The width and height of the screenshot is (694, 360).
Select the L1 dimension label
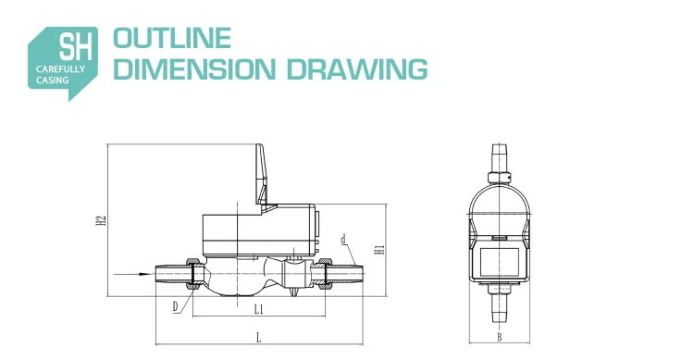(259, 307)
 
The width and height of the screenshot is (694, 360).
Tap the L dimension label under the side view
(258, 336)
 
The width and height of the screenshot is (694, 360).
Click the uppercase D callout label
(175, 304)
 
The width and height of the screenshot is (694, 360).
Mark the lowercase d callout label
(343, 240)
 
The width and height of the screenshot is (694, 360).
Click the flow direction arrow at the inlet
(128, 274)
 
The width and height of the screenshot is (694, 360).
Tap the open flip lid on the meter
(262, 177)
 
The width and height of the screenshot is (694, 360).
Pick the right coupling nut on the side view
(327, 273)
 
